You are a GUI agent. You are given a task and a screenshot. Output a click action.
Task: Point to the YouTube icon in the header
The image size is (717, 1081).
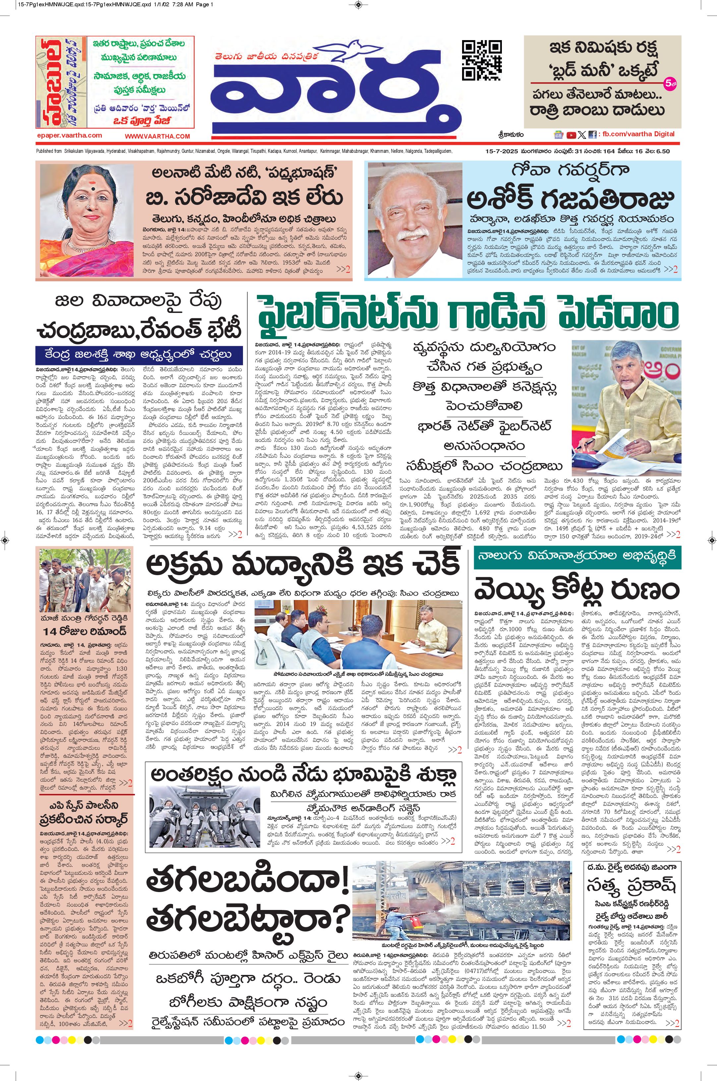571,135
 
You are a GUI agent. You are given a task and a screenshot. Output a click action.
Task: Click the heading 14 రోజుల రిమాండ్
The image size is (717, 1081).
85,631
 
